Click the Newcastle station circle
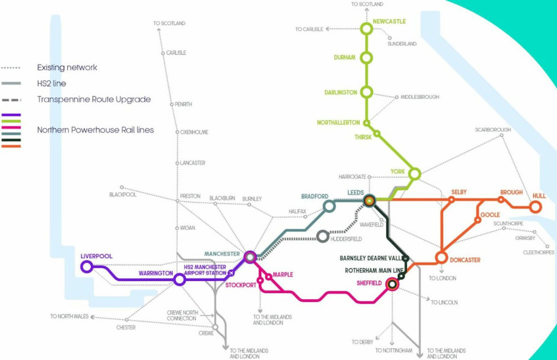pyautogui.click(x=366, y=28)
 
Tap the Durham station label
pyautogui.click(x=345, y=58)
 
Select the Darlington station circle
pyautogui.click(x=366, y=92)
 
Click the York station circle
pyautogui.click(x=414, y=174)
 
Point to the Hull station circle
pyautogui.click(x=535, y=207)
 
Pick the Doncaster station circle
pyautogui.click(x=441, y=257)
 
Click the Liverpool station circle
pyautogui.click(x=87, y=267)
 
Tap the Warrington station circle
pyautogui.click(x=179, y=280)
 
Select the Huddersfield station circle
pyautogui.click(x=323, y=236)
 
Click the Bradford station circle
pyautogui.click(x=329, y=206)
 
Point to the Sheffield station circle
pyautogui.click(x=391, y=285)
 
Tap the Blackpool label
pyautogui.click(x=123, y=195)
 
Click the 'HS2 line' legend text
pyautogui.click(x=52, y=83)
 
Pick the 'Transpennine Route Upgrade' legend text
pyautogui.click(x=94, y=99)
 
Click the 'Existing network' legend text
pyautogui.click(x=67, y=67)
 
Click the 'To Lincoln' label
pyautogui.click(x=444, y=302)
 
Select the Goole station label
pyautogui.click(x=490, y=214)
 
